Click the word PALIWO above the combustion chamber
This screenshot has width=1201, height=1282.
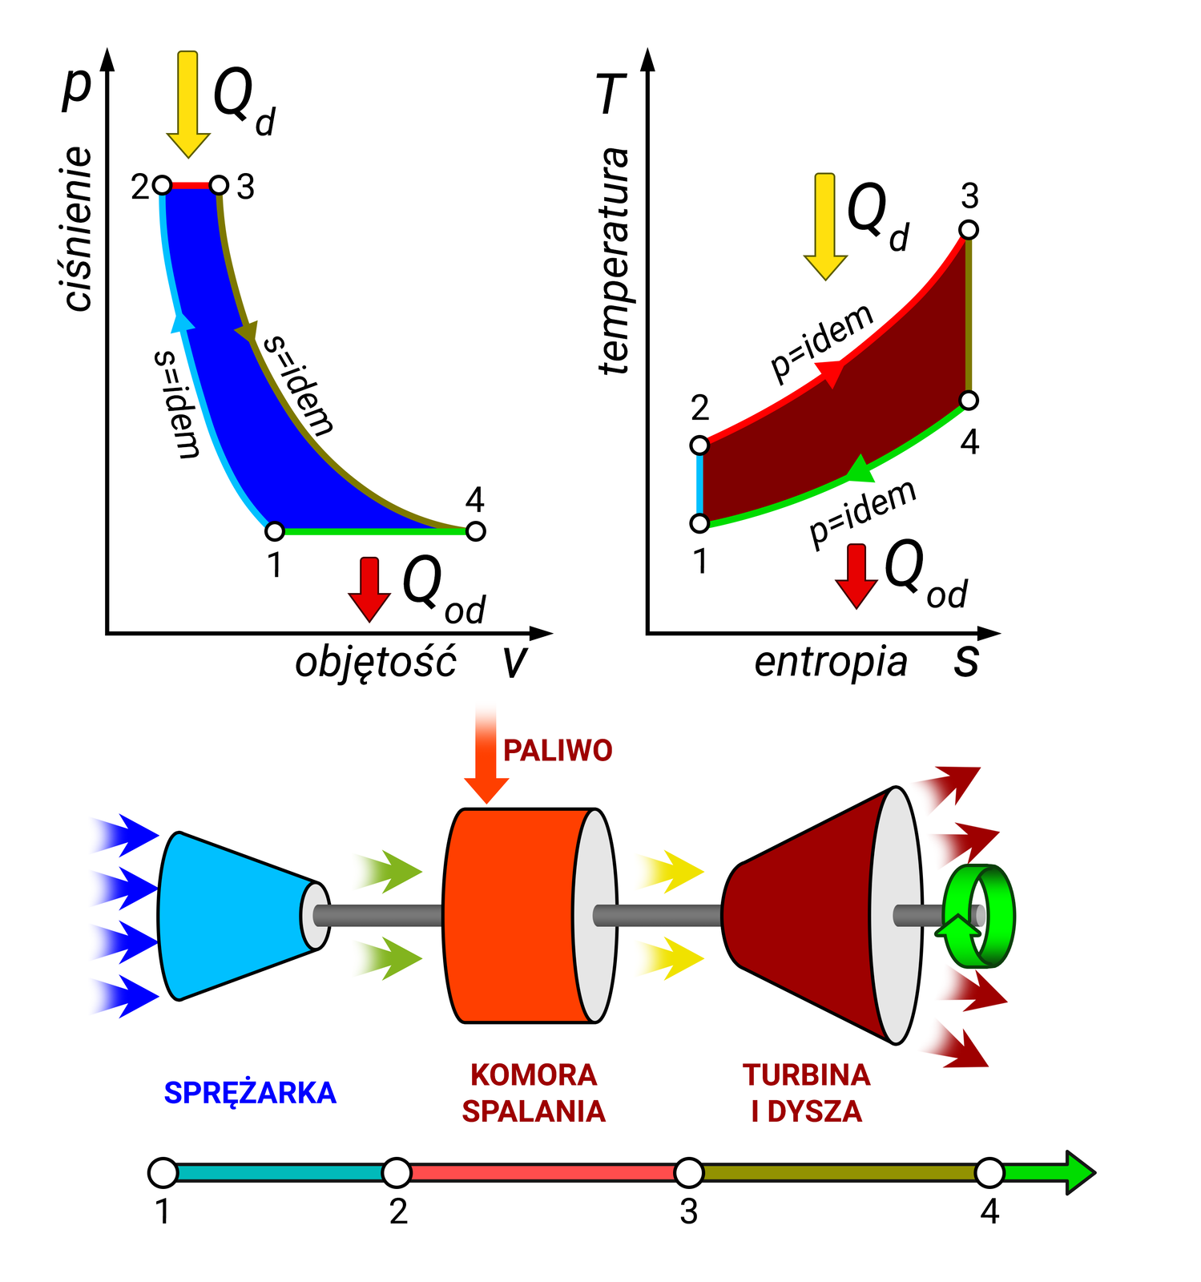(x=558, y=751)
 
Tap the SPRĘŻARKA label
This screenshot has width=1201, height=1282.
(x=250, y=1093)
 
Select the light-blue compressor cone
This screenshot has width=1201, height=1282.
(x=232, y=916)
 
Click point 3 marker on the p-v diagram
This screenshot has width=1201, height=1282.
(x=219, y=186)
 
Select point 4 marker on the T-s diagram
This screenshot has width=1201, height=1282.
(x=969, y=400)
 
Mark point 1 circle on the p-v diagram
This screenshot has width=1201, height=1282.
(x=275, y=530)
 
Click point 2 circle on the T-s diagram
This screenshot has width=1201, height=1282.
(x=699, y=445)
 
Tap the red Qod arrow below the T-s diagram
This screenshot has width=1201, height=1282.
(x=856, y=574)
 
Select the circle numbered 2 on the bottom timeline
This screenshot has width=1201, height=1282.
(x=397, y=1173)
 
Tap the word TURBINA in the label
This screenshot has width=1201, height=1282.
(x=806, y=1075)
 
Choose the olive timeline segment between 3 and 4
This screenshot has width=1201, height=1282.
(x=839, y=1173)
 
